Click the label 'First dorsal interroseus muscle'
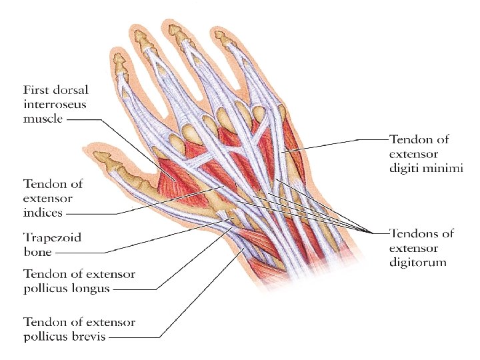(x=55, y=104)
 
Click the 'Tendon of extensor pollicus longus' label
(x=79, y=281)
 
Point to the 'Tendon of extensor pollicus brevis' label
(x=79, y=329)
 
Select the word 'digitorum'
(x=418, y=262)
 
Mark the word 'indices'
(x=43, y=213)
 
